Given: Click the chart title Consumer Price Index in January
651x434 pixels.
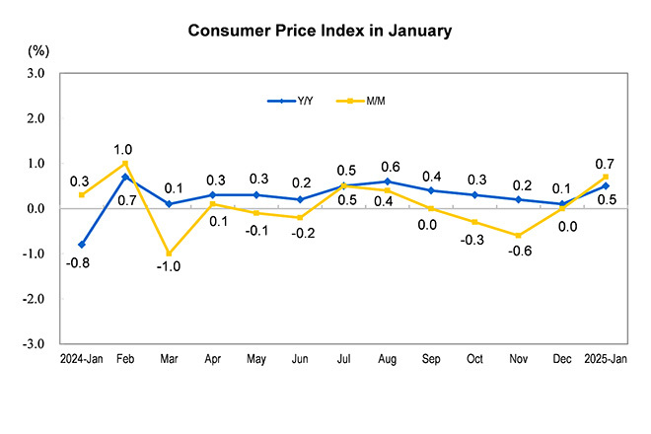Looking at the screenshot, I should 320,31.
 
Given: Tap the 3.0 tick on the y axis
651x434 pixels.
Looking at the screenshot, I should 36,73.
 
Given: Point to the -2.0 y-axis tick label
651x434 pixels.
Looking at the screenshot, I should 34,299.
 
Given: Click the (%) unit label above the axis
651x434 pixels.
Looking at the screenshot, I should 38,49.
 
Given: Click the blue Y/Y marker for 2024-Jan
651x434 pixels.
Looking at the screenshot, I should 81,245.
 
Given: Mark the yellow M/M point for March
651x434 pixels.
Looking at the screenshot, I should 169,253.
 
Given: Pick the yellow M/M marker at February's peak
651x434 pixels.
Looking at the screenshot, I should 125,164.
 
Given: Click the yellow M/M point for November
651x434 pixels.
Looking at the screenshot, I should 519,236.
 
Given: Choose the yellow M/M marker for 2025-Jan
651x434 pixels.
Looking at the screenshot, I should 606,177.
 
